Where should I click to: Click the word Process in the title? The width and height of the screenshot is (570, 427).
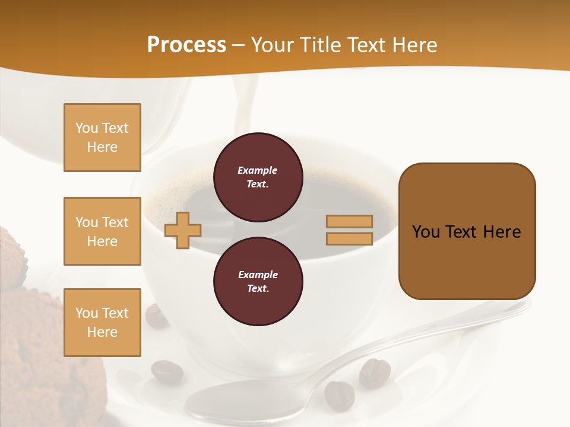[186, 45]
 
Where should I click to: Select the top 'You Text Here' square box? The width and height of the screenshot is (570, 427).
[102, 138]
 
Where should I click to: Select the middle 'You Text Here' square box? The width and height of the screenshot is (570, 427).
[102, 231]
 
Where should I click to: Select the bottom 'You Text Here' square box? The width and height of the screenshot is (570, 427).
[102, 323]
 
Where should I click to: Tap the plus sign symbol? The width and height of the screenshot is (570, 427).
[183, 230]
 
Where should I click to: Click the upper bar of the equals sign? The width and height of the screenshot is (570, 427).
[349, 221]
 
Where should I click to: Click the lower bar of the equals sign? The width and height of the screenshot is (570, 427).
[349, 239]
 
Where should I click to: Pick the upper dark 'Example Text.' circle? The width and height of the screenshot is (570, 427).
[258, 177]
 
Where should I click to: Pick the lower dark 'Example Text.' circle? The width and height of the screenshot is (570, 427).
[258, 282]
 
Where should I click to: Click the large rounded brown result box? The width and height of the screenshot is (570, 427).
[467, 231]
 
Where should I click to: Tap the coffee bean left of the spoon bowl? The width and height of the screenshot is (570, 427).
[167, 372]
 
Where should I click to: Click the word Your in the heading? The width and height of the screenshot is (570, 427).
[273, 45]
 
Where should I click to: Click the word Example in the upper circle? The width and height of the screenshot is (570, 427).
[258, 170]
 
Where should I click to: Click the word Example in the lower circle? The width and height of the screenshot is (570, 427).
[258, 275]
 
